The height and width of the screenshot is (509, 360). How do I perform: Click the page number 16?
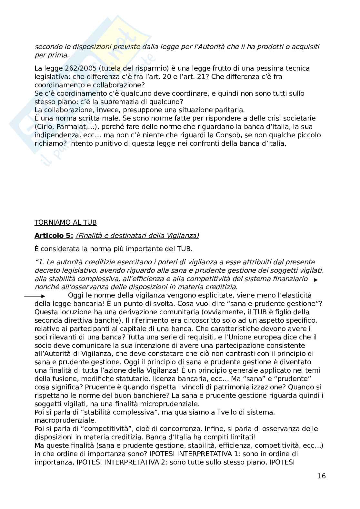pos(322,476)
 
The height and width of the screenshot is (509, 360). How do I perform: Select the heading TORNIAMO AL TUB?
pos(65,222)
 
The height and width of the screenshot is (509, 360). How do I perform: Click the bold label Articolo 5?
pos(54,236)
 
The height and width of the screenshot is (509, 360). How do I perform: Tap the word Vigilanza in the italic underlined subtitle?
pos(182,236)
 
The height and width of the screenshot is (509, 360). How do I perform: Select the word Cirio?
pos(44,127)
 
